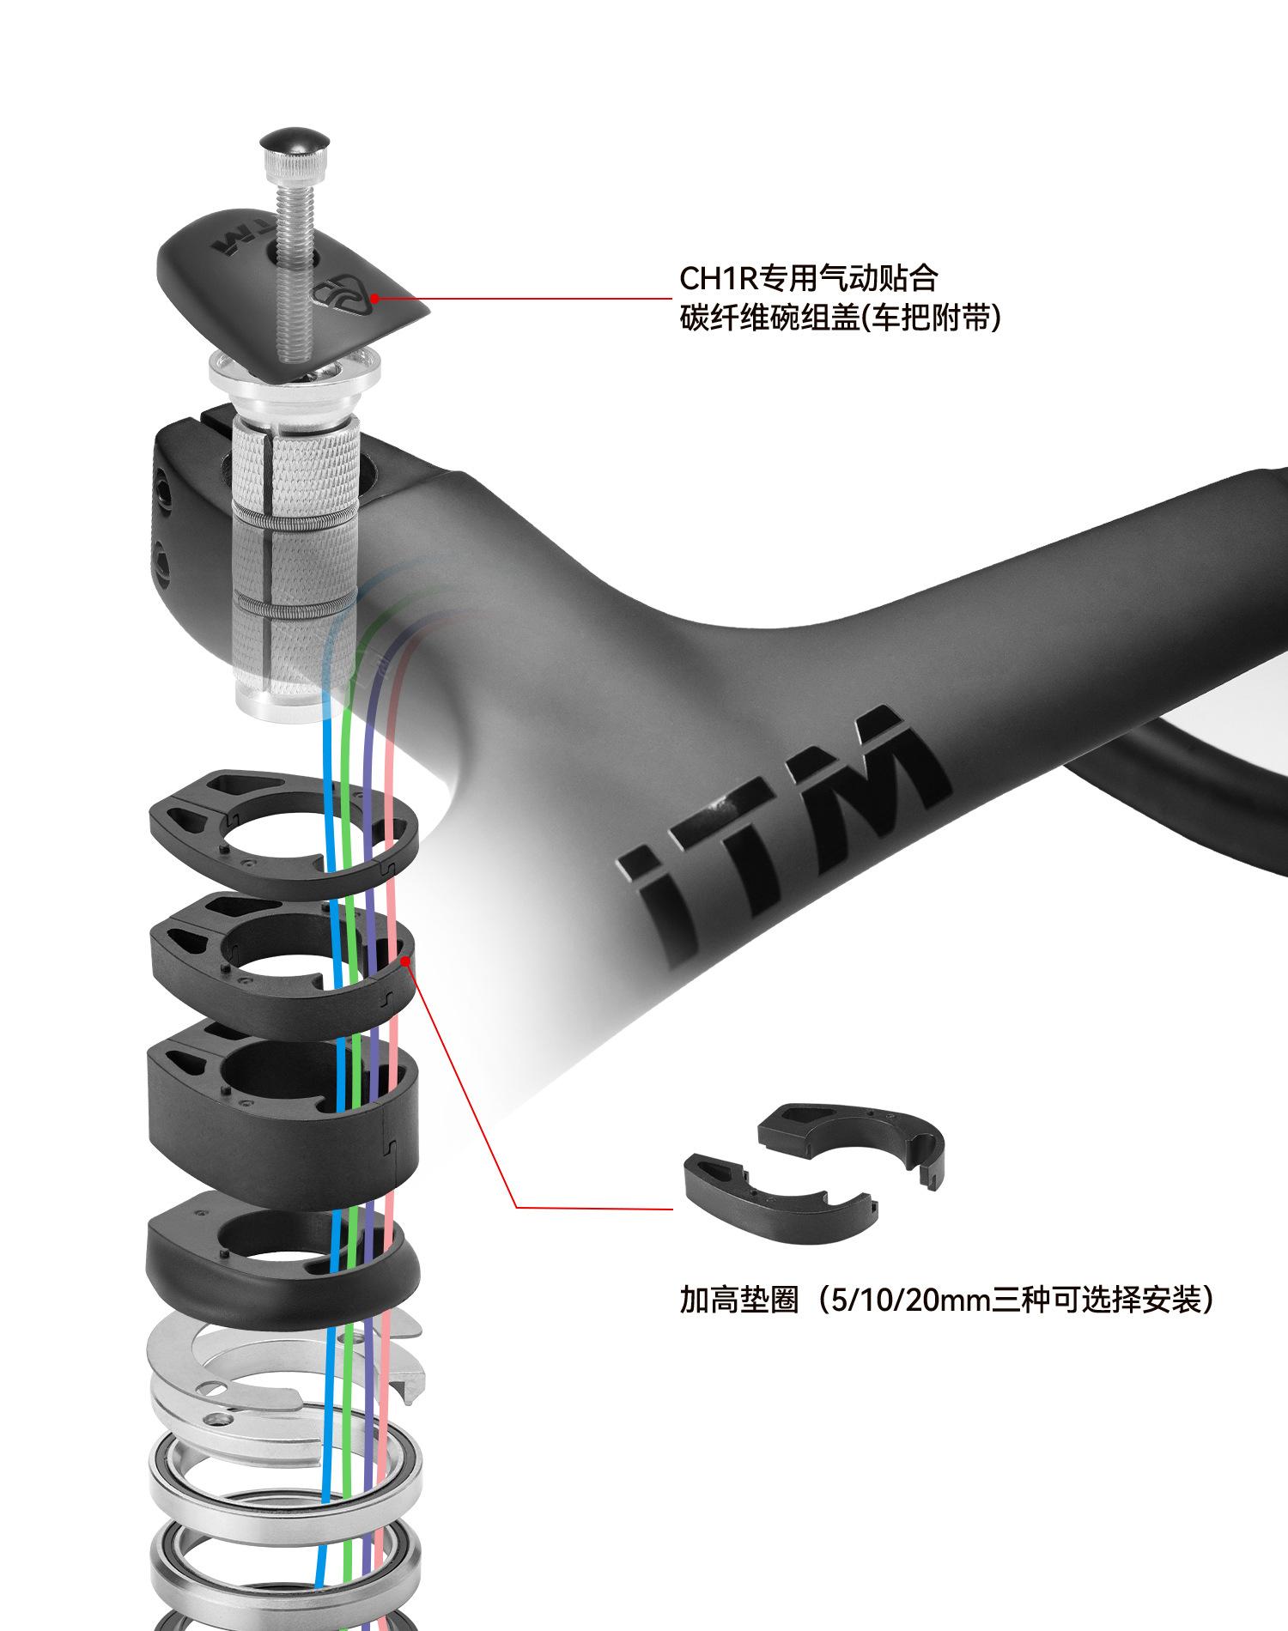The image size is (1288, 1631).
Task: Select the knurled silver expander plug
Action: pyautogui.click(x=296, y=464)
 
